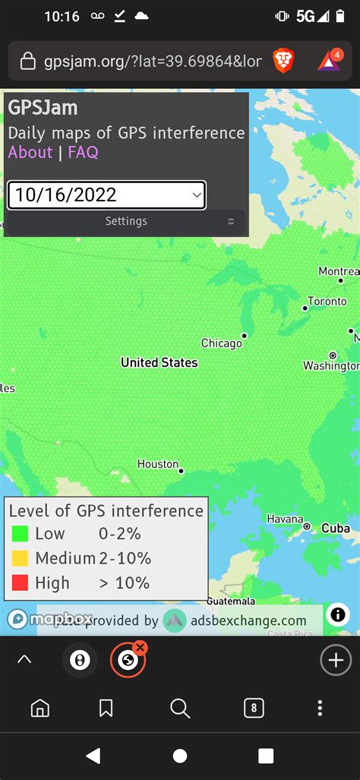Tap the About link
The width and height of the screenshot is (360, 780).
30,152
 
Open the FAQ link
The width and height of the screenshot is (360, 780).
83,152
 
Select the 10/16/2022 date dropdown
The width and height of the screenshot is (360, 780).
106,195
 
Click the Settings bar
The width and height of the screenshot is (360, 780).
126,221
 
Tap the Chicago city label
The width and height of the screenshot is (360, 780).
221,343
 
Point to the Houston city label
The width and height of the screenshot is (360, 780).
158,464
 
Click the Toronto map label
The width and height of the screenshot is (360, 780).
327,301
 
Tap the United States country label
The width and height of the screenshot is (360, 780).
159,362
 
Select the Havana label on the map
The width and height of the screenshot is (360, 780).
285,519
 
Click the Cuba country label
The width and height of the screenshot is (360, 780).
335,528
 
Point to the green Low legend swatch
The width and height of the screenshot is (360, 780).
21,534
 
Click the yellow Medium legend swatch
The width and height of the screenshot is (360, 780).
21,558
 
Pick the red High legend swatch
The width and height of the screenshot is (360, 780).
21,583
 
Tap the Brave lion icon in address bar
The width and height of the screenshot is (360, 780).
283,61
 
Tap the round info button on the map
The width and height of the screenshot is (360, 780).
338,614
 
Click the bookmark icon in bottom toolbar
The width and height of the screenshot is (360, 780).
106,709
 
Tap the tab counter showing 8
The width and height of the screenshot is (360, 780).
254,709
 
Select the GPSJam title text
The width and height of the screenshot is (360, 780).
43,108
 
